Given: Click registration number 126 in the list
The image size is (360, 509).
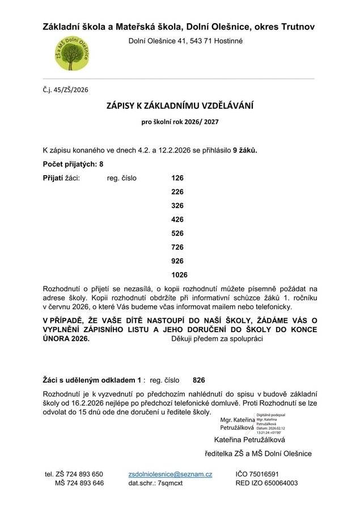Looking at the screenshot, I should [177, 177].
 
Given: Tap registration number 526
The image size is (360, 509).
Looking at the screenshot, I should [177, 233].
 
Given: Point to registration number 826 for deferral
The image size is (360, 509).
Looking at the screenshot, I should [199, 380].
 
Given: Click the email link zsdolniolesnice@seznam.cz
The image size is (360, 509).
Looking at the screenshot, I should [170, 474].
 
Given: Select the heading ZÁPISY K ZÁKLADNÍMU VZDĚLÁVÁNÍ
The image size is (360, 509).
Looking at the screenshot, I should [180, 106].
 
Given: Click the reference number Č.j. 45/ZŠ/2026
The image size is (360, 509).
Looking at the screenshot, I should [66, 89].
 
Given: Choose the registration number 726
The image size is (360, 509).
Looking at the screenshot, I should [177, 247].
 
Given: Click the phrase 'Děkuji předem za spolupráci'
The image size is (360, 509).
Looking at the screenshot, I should [217, 338].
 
